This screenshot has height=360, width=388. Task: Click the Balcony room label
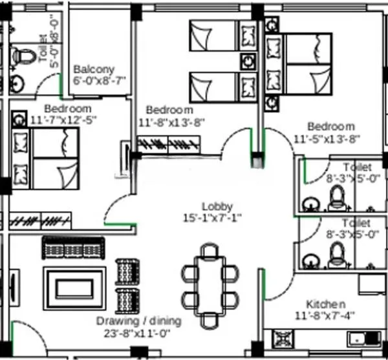(x=94, y=69)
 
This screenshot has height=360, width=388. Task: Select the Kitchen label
(x=325, y=304)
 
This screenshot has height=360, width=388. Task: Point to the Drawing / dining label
(x=139, y=321)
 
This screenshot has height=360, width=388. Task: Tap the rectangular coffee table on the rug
(x=72, y=285)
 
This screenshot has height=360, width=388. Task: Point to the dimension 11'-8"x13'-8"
(x=172, y=122)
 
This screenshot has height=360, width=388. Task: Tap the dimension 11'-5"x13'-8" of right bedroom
(x=326, y=138)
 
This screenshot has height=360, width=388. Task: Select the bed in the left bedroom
(x=45, y=158)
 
